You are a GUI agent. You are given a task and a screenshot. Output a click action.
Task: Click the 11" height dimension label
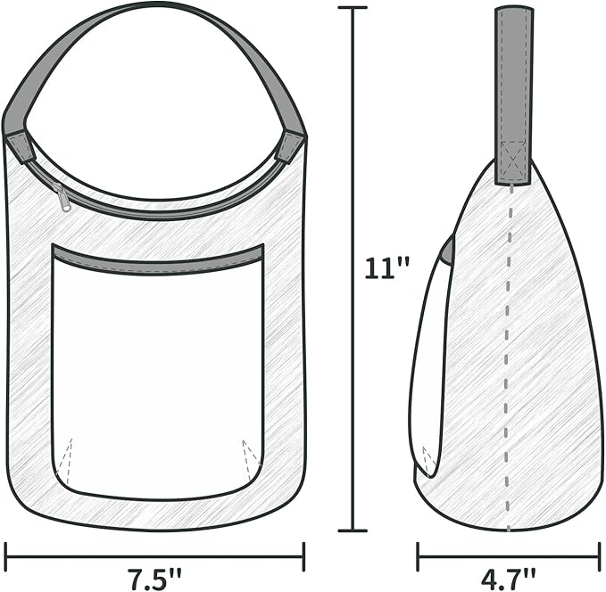pyautogui.click(x=386, y=268)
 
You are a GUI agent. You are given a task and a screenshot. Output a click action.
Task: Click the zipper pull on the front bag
pyautogui.click(x=62, y=197)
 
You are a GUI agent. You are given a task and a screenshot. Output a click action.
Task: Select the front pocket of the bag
pyautogui.click(x=158, y=372)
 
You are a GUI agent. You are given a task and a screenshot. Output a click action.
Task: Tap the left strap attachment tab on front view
pyautogui.click(x=21, y=147)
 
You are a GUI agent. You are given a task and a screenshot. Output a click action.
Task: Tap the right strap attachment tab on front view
pyautogui.click(x=289, y=148)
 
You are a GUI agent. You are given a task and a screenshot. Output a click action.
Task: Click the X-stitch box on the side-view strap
pyautogui.click(x=513, y=159)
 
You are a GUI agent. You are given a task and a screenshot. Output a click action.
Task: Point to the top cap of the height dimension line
pyautogui.click(x=353, y=8)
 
